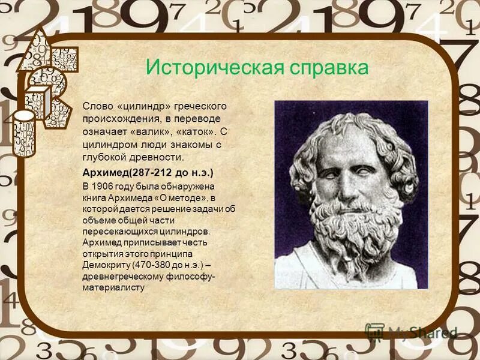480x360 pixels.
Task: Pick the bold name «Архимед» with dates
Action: pyautogui.click(x=105, y=172)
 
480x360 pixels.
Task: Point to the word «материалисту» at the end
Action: pyautogui.click(x=113, y=287)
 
